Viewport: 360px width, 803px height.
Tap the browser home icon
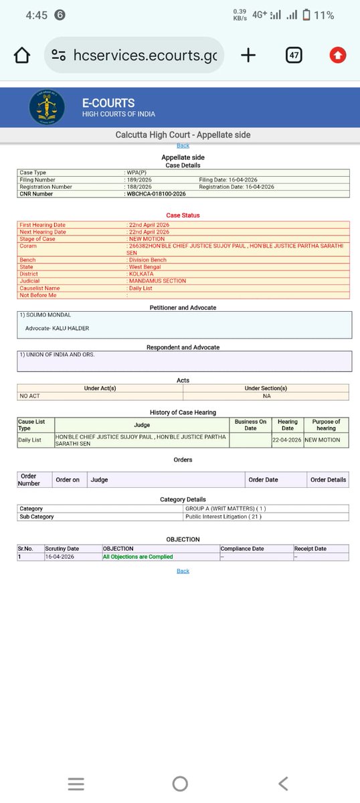(x=22, y=56)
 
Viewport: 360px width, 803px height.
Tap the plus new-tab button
(x=248, y=56)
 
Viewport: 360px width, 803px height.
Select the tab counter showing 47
(x=294, y=56)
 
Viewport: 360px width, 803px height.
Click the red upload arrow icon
(x=338, y=56)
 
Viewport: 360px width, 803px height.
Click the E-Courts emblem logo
(x=48, y=108)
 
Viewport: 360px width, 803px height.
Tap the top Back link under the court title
(x=183, y=145)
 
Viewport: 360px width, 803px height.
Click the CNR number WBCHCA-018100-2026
(x=157, y=193)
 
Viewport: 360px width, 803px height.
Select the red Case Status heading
(x=183, y=215)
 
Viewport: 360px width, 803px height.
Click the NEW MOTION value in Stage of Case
(x=143, y=239)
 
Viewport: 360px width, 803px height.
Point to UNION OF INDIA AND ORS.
(x=58, y=354)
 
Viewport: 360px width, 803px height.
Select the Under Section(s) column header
(x=266, y=388)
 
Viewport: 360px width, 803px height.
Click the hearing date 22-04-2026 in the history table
(x=287, y=440)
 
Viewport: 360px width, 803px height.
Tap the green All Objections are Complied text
(x=138, y=557)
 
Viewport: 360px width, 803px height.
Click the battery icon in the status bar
(x=306, y=15)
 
